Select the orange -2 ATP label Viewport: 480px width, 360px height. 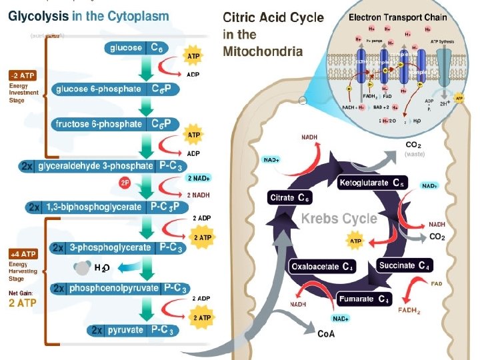coord(22,75)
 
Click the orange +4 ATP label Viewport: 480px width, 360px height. coord(22,254)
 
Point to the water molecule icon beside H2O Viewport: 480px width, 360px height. coord(83,268)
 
